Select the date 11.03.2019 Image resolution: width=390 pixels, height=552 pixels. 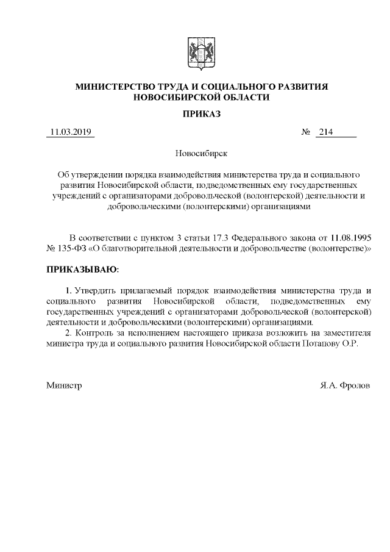coord(70,132)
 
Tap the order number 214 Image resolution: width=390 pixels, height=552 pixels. coord(325,132)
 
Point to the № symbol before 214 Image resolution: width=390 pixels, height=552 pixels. coord(306,132)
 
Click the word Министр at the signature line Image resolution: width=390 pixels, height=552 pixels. coord(64,386)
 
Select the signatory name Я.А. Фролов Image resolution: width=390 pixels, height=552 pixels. coord(344,386)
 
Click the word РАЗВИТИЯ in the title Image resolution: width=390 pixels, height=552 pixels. coord(296,87)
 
